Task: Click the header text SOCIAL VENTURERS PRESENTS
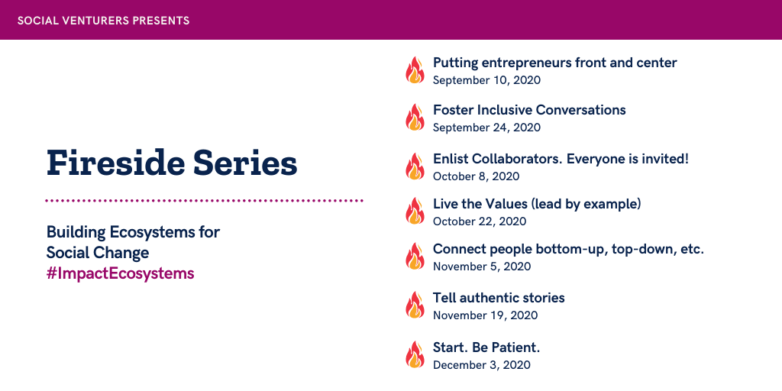pyautogui.click(x=103, y=21)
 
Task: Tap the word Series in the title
pyautogui.click(x=245, y=163)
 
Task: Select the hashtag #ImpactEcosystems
pyautogui.click(x=120, y=274)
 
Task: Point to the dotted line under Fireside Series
pyautogui.click(x=204, y=201)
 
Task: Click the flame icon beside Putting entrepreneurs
pyautogui.click(x=415, y=69)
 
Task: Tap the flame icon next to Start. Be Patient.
pyautogui.click(x=415, y=354)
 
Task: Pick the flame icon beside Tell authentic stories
pyautogui.click(x=415, y=305)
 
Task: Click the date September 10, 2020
pyautogui.click(x=486, y=79)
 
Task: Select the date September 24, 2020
pyautogui.click(x=486, y=128)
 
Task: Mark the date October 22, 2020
pyautogui.click(x=480, y=221)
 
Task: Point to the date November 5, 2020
pyautogui.click(x=482, y=267)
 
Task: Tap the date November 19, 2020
pyautogui.click(x=485, y=315)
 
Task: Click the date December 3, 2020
pyautogui.click(x=482, y=364)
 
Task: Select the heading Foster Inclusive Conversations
pyautogui.click(x=529, y=110)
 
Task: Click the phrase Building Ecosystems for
pyautogui.click(x=133, y=232)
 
